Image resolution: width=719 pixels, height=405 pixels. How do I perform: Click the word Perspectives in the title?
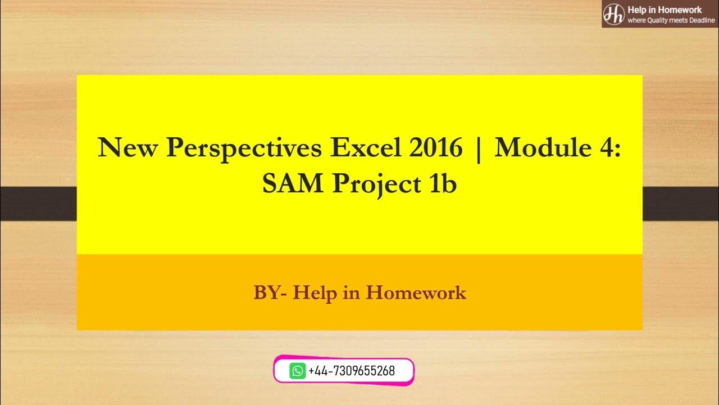click(x=244, y=148)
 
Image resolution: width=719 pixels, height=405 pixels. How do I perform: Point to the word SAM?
click(x=293, y=184)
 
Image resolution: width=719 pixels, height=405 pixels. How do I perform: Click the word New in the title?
click(x=128, y=148)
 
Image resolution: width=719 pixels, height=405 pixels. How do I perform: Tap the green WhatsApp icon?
click(x=298, y=371)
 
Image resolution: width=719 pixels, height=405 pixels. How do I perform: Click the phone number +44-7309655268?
click(x=352, y=371)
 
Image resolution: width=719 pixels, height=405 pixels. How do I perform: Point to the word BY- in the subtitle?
click(x=271, y=292)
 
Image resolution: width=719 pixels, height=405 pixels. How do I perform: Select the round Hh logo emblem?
click(x=613, y=13)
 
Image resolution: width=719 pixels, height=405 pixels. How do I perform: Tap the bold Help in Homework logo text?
click(x=665, y=10)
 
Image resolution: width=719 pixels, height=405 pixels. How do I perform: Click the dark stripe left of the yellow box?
click(x=38, y=203)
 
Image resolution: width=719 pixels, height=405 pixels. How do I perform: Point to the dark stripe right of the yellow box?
click(x=681, y=203)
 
